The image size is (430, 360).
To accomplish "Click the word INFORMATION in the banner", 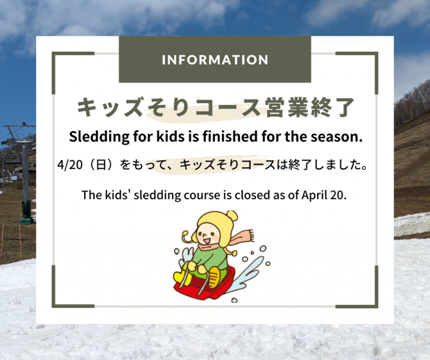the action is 215,60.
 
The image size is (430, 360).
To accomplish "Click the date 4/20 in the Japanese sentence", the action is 70,165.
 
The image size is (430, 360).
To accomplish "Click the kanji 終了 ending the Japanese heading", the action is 332,108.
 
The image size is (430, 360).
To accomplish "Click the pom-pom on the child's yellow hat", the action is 232,215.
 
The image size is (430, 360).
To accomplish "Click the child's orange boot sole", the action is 214,277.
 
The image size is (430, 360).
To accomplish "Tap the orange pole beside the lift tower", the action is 20,241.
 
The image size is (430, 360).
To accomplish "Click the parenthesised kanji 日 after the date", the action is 101,165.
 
